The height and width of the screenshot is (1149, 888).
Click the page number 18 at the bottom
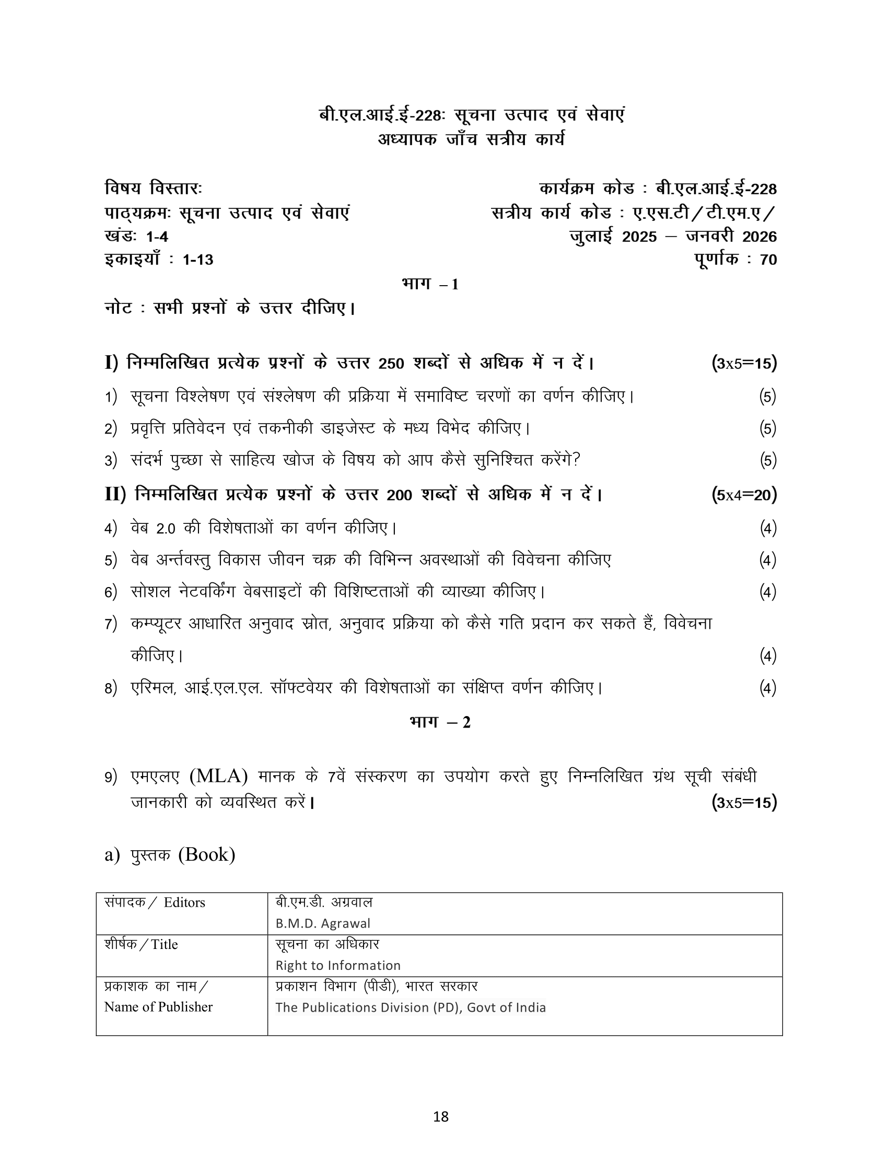tap(441, 1115)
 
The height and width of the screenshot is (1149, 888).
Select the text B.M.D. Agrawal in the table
tap(322, 923)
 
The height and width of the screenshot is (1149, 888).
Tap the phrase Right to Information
tap(338, 965)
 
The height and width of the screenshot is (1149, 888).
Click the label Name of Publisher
tap(158, 1006)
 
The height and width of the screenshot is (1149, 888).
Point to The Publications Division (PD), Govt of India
tap(411, 1007)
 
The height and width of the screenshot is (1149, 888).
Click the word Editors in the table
tap(184, 902)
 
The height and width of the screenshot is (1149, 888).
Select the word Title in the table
tap(164, 944)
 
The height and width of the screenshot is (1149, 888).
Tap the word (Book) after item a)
tap(207, 854)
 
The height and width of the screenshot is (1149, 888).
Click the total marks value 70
tap(768, 260)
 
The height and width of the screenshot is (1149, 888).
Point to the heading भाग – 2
tap(440, 722)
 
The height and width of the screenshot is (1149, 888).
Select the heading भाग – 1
tap(430, 284)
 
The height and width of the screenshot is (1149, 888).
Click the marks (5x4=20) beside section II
tap(744, 495)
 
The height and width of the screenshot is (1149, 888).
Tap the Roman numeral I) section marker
tap(112, 363)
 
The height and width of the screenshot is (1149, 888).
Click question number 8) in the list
tap(110, 688)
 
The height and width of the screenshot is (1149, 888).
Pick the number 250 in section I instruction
tap(391, 364)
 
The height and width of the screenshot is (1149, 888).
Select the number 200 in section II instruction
tap(399, 495)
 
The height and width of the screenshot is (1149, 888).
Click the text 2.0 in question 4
tap(166, 528)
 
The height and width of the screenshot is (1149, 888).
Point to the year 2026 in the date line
tap(759, 237)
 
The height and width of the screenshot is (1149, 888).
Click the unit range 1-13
tap(198, 260)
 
